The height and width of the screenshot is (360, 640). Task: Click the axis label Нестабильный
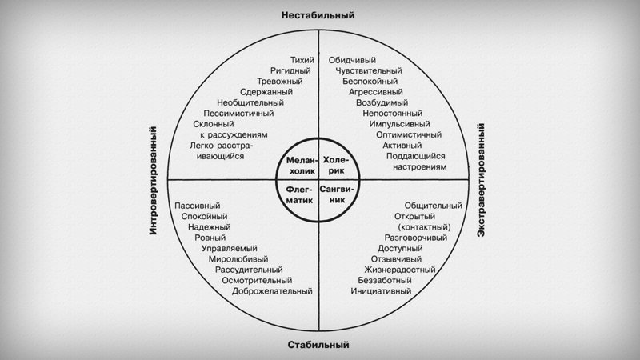click(318, 15)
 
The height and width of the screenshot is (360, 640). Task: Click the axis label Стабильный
click(318, 346)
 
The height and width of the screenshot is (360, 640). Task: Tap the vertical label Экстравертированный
click(482, 181)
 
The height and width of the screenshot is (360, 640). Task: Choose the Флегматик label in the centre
click(300, 195)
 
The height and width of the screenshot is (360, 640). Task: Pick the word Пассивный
click(198, 205)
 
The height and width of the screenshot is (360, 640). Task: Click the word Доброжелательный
click(272, 291)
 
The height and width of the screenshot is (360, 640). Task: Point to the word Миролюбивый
click(238, 259)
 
